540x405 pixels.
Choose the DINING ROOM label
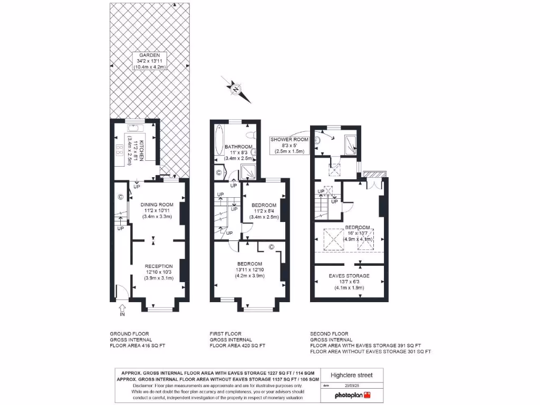click(157, 210)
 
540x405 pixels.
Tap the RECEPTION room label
click(159, 272)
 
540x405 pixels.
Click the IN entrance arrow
click(122, 310)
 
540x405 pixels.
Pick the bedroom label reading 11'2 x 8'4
click(264, 211)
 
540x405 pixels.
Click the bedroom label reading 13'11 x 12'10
click(249, 269)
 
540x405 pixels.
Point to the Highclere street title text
click(351, 375)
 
